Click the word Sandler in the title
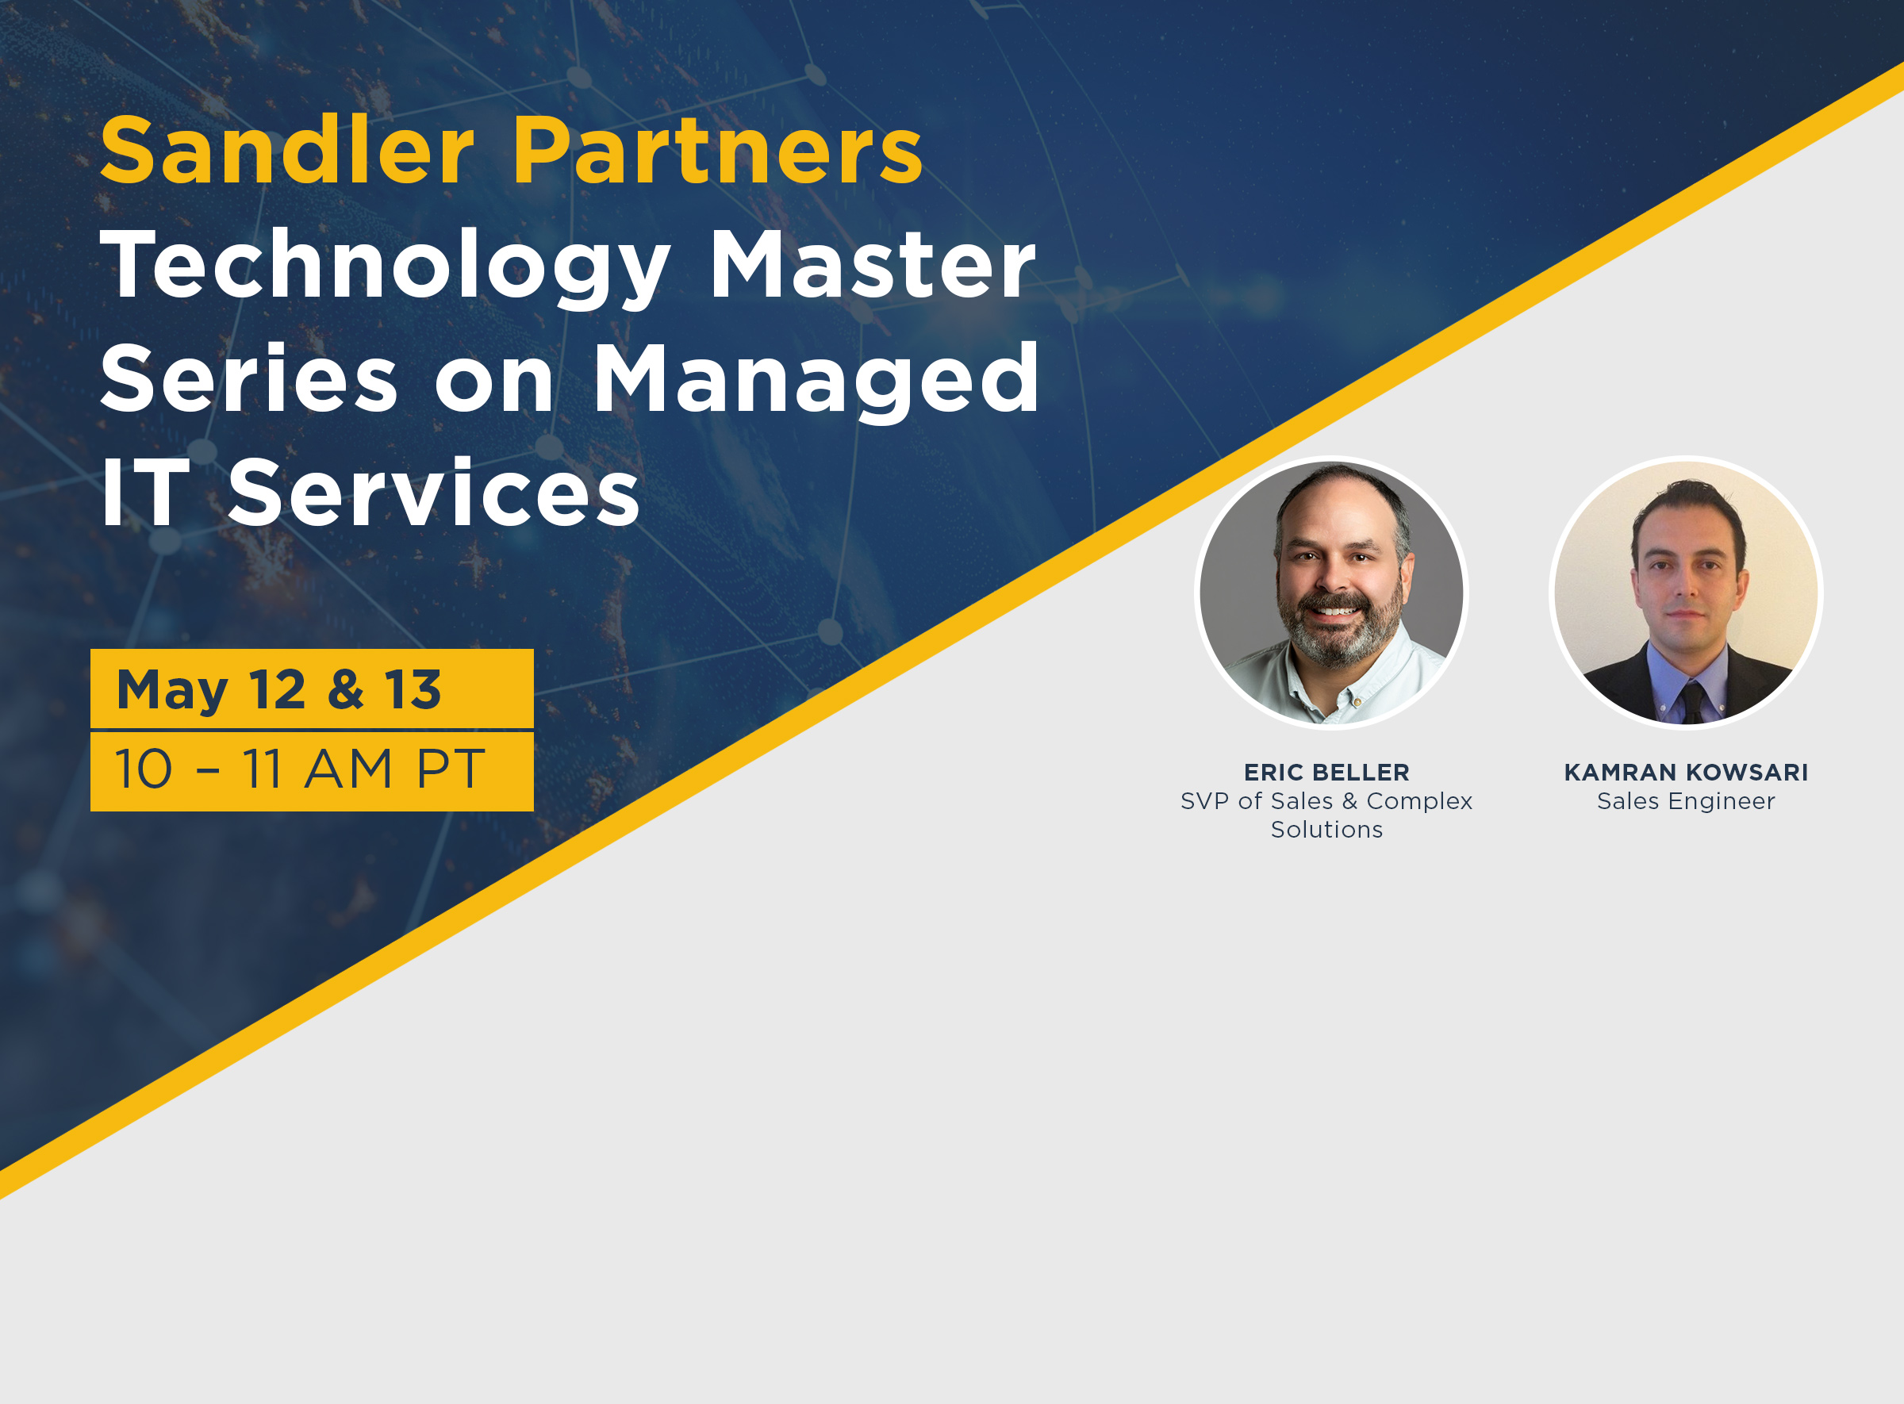[286, 151]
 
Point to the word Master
[872, 265]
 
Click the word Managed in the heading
[816, 379]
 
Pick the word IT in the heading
[144, 493]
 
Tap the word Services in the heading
[433, 493]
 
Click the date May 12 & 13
[278, 689]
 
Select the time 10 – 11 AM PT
[299, 769]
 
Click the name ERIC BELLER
[1326, 773]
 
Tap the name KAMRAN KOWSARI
[1687, 773]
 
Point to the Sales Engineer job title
[1687, 801]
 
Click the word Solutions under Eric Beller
[1326, 831]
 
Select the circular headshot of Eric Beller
[1332, 593]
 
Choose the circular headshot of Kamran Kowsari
[1687, 593]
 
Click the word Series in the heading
[249, 379]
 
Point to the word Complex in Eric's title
[1419, 801]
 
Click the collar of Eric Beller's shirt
[1300, 680]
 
